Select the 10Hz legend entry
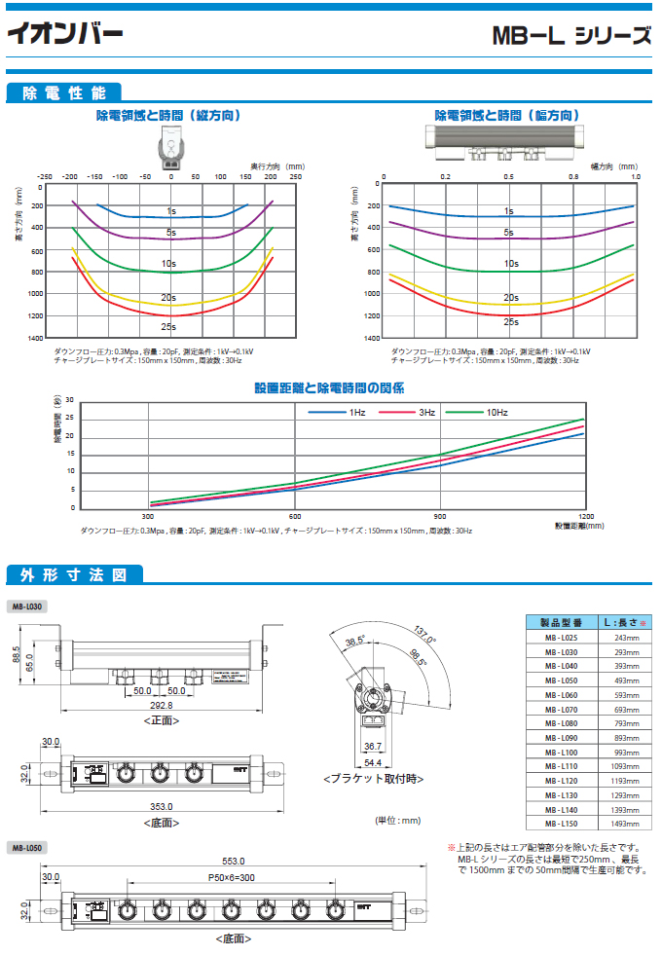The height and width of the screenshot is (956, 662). coord(496,413)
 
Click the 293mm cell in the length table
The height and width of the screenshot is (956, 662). coord(627,652)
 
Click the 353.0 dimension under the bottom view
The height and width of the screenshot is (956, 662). coord(162,806)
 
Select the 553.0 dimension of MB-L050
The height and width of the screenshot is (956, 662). coord(232,861)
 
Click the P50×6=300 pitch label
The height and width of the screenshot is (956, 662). coord(231,877)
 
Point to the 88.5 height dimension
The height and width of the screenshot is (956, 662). coord(17,656)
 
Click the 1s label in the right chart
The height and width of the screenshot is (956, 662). coord(508,210)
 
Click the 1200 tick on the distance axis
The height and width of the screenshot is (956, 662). coord(585,516)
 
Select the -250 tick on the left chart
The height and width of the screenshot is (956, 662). coord(45,177)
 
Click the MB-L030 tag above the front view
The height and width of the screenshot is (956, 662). coord(27,606)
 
